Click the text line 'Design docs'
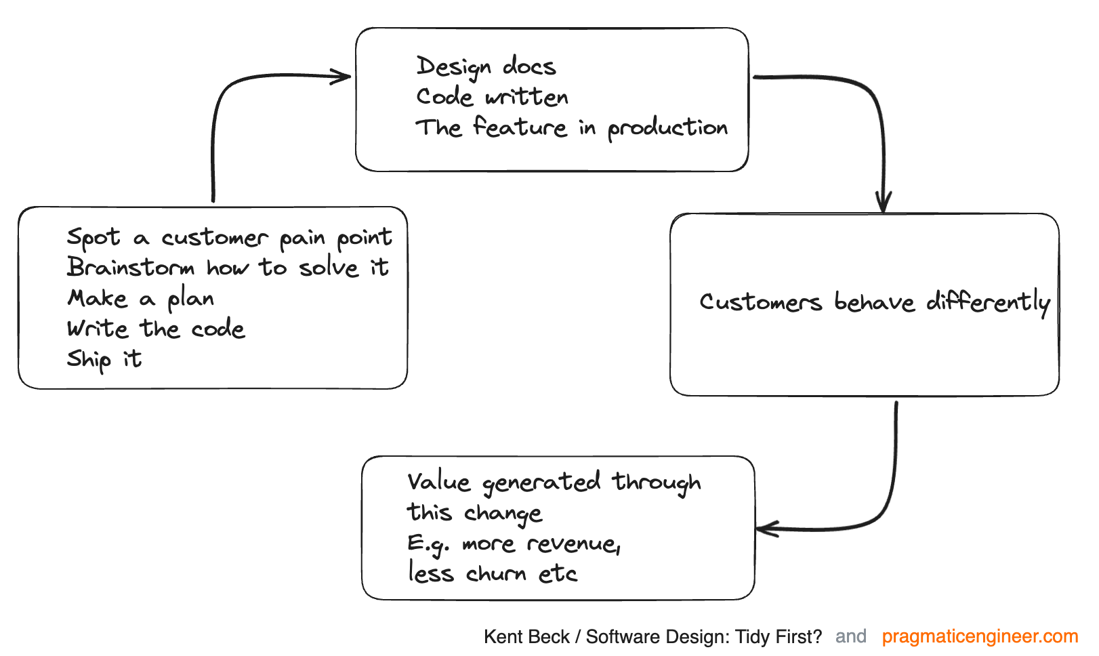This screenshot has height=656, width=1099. pos(486,66)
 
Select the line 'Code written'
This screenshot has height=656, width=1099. pos(492,97)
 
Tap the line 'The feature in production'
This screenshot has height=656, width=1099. pos(571,127)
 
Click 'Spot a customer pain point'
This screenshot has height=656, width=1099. pos(229,237)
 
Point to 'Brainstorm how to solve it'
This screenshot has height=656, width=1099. pos(228,267)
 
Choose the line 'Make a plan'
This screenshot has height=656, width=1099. pos(141,298)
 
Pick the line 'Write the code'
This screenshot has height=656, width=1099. pos(156,329)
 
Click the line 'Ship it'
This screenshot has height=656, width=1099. pos(104,359)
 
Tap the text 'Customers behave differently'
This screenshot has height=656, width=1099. pos(874,302)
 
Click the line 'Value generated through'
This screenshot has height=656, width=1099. pos(554,482)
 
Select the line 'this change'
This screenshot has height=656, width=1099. pos(474,513)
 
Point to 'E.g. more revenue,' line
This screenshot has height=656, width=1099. pos(514,544)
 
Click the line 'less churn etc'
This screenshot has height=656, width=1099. pos(493,573)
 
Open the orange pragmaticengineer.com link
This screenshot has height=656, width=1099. pos(980,636)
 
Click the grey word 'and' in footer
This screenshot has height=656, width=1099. pos(851,636)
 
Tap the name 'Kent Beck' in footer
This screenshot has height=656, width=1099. pos(526,637)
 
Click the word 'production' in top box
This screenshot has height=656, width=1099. pos(667,128)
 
